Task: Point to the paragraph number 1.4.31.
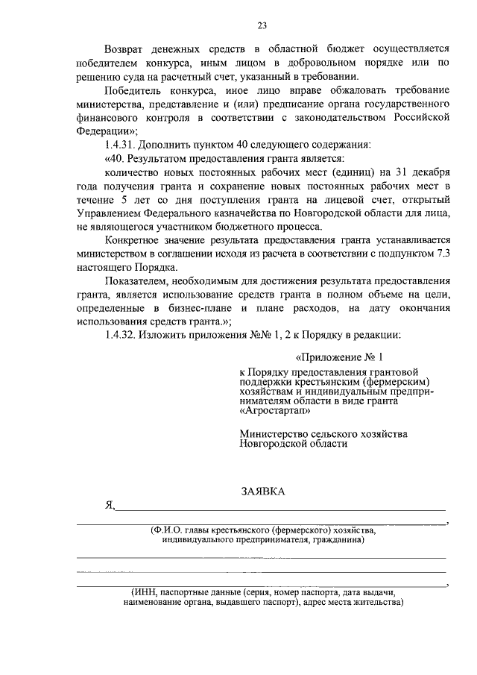[x=121, y=144]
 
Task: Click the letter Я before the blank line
[x=110, y=505]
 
